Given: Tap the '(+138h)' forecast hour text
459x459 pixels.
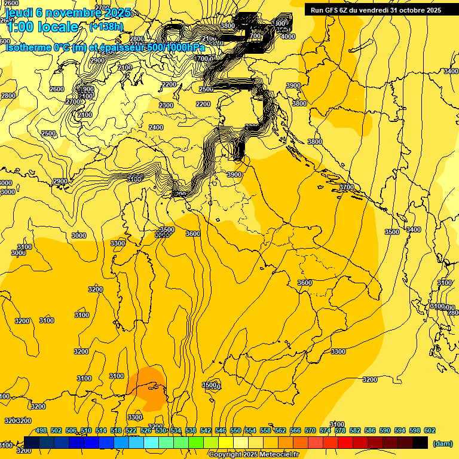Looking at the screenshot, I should (x=106, y=26).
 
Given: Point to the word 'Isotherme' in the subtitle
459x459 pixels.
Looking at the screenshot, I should (x=29, y=48).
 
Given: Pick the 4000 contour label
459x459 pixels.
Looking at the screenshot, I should (x=288, y=36).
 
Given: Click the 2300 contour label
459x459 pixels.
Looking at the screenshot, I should (x=166, y=105).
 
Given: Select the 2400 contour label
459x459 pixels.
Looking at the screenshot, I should (x=156, y=127).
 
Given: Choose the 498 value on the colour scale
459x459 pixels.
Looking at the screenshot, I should (x=41, y=430).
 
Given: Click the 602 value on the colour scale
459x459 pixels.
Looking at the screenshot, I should (x=430, y=430).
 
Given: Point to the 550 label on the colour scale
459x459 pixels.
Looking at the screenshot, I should (x=235, y=430).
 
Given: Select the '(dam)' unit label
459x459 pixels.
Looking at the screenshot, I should (x=443, y=443).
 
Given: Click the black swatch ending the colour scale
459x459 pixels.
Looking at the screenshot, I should (x=420, y=442).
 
